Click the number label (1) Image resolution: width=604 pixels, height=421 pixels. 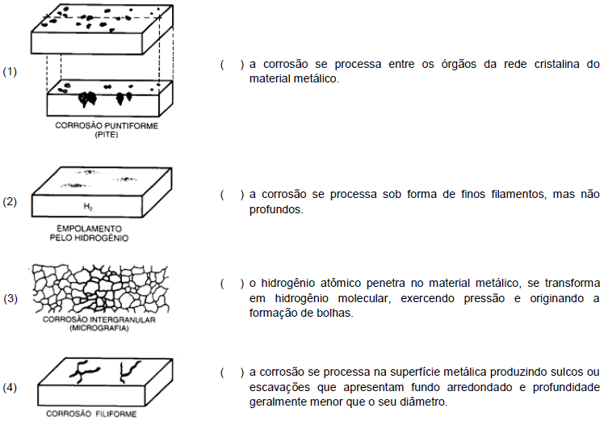(x=10, y=72)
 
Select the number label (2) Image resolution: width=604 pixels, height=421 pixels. (x=10, y=202)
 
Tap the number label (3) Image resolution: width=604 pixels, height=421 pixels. (x=10, y=298)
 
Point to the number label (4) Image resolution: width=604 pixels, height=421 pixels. (x=10, y=387)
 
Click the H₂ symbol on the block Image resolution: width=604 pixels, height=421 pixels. (x=88, y=207)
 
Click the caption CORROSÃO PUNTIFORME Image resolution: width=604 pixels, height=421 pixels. (x=107, y=126)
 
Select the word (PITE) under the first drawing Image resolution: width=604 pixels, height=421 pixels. (x=107, y=135)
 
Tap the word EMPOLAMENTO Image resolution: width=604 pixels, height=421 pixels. (x=89, y=229)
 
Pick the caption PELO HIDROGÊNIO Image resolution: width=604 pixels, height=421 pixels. (x=89, y=238)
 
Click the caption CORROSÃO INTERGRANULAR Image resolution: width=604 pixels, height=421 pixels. (x=99, y=320)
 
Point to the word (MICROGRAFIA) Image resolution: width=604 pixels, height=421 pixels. (x=99, y=328)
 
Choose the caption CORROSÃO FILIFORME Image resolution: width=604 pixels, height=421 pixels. (x=91, y=414)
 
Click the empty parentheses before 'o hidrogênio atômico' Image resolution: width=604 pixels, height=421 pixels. (x=232, y=284)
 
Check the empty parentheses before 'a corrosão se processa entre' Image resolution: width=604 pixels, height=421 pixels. (x=232, y=65)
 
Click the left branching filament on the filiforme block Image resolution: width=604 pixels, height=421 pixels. (x=84, y=371)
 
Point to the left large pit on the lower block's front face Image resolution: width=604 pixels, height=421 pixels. (x=87, y=99)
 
